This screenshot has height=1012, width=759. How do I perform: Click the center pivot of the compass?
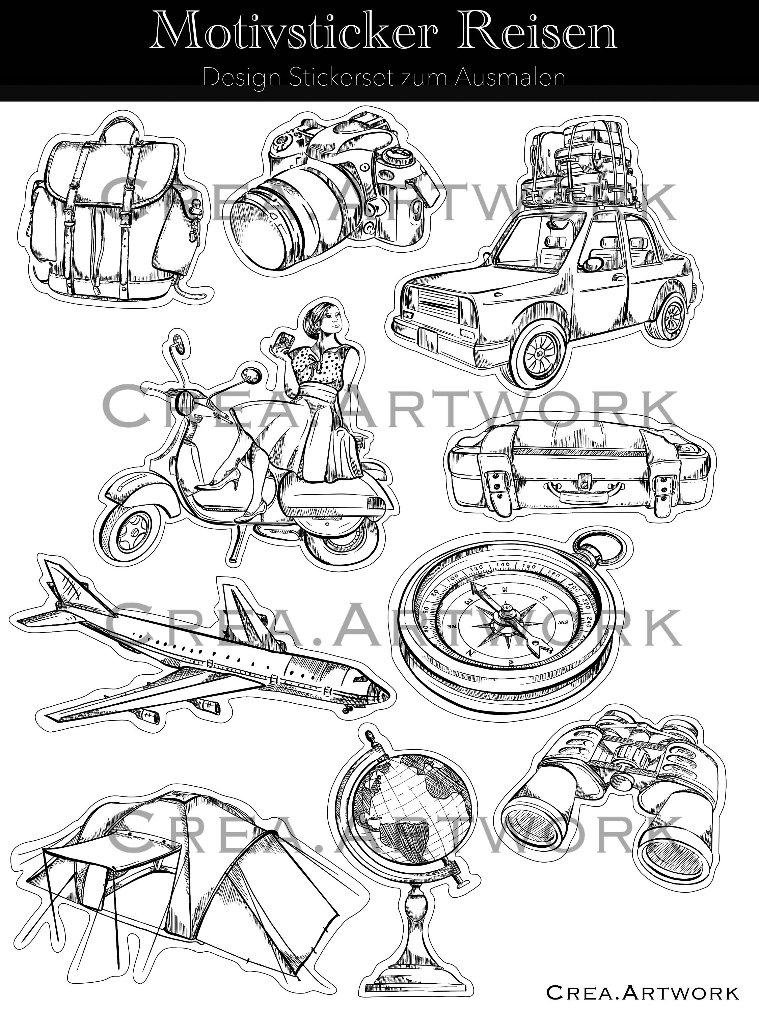click(x=506, y=609)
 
